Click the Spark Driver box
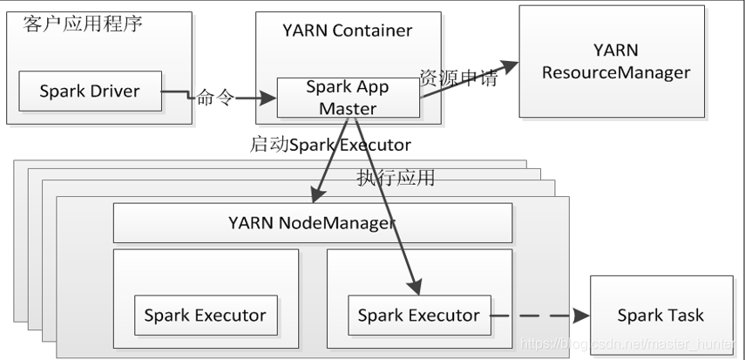[x=91, y=92]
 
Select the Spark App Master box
[x=349, y=98]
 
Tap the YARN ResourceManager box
[x=612, y=61]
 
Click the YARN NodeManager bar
[x=313, y=222]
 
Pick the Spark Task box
[x=661, y=316]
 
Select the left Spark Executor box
[x=206, y=316]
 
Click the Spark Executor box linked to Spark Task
[x=419, y=316]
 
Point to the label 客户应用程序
[x=83, y=24]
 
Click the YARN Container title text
[x=348, y=31]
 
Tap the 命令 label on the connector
[x=215, y=98]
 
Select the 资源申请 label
[x=458, y=77]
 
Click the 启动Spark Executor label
[x=330, y=144]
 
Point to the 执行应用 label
[x=396, y=177]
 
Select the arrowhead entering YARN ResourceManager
[x=508, y=67]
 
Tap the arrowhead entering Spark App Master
[x=268, y=98]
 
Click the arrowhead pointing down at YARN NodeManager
[x=318, y=195]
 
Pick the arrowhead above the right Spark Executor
[x=414, y=286]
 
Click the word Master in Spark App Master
[x=349, y=108]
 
